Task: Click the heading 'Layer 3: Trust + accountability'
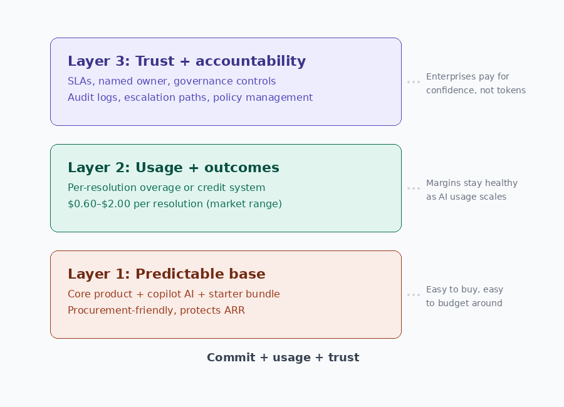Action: [x=187, y=61]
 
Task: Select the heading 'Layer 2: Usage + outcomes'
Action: [x=174, y=168]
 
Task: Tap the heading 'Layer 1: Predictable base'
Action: [x=167, y=274]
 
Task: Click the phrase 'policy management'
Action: [x=263, y=98]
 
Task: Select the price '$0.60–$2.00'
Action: [x=99, y=204]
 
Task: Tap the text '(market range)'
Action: [x=244, y=204]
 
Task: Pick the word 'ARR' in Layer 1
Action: [x=234, y=311]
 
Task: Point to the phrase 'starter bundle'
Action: [x=244, y=294]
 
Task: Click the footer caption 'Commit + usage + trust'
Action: [x=283, y=358]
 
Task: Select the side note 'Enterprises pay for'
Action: [x=467, y=76]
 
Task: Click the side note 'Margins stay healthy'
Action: [x=472, y=183]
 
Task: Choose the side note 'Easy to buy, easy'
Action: [x=465, y=289]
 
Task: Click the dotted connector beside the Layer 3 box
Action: [x=414, y=82]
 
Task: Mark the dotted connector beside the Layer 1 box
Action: [x=414, y=295]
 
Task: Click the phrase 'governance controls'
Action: [x=225, y=81]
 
